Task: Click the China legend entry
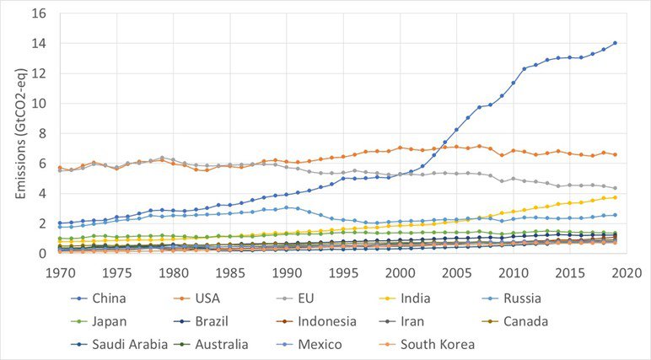(x=100, y=298)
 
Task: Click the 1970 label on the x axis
(x=59, y=273)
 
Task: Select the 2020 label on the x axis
(x=627, y=273)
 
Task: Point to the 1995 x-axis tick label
(x=343, y=273)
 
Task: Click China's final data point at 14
(x=616, y=43)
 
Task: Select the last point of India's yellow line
(x=616, y=197)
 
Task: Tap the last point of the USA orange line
(x=616, y=155)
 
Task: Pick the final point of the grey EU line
(x=616, y=188)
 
